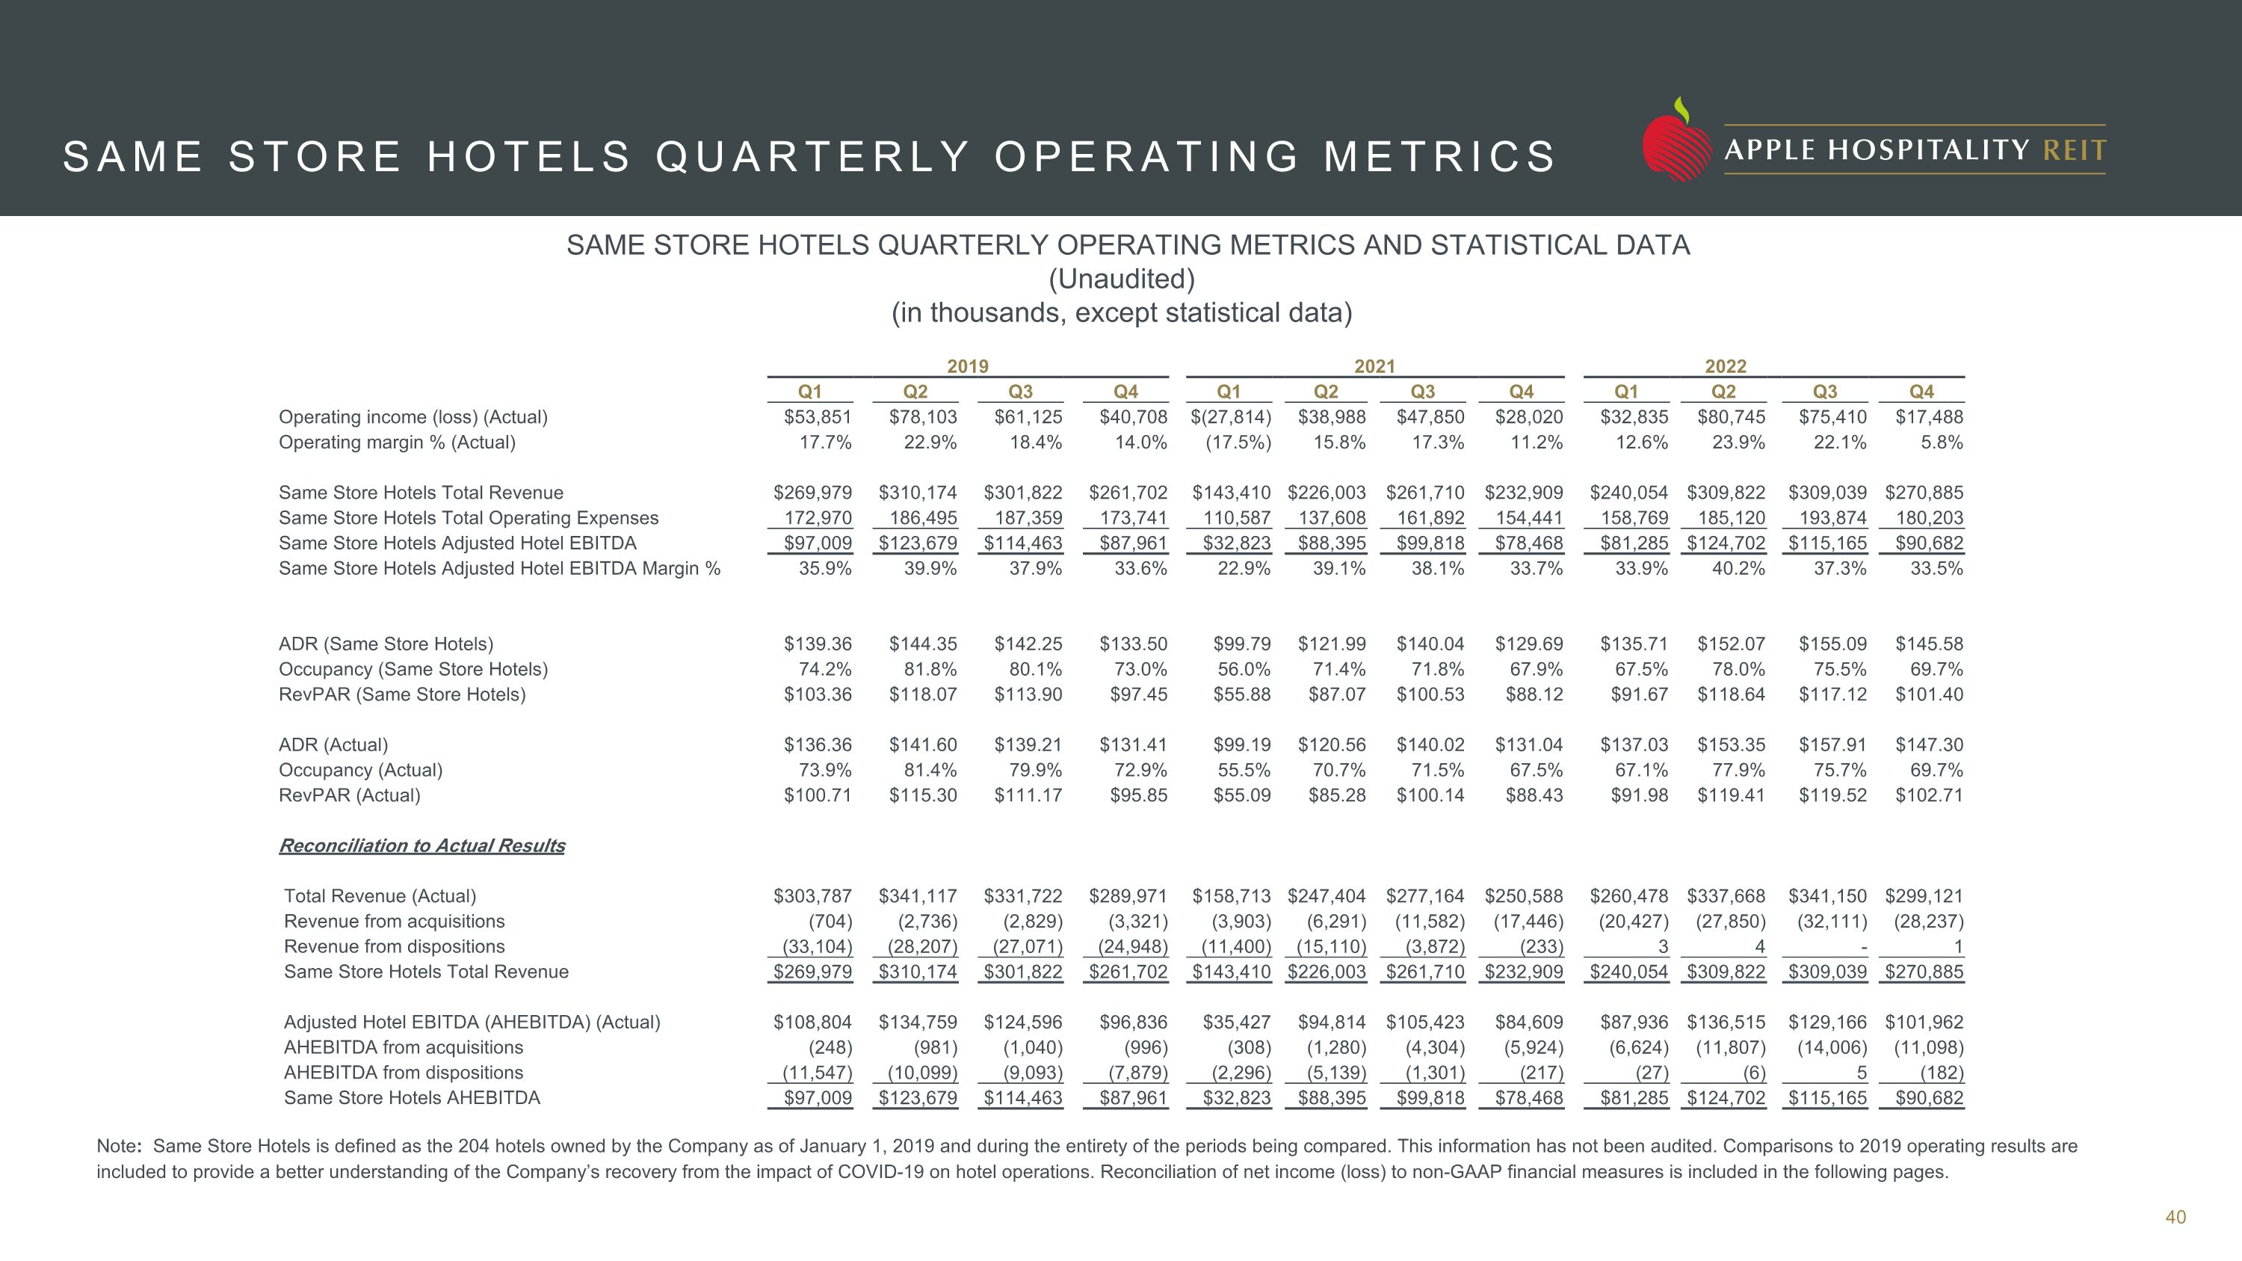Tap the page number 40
[2175, 1217]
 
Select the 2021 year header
[1374, 366]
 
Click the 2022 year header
[1725, 366]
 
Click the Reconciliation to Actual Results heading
[421, 846]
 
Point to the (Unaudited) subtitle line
[1121, 280]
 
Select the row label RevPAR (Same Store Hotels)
[402, 694]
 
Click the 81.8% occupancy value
[930, 669]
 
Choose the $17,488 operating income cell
[1929, 417]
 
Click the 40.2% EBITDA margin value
[1738, 568]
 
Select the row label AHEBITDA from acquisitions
[403, 1048]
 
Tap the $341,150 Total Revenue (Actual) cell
[1826, 896]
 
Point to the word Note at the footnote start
[117, 1146]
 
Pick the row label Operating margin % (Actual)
[397, 442]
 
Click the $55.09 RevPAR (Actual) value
[1242, 795]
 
